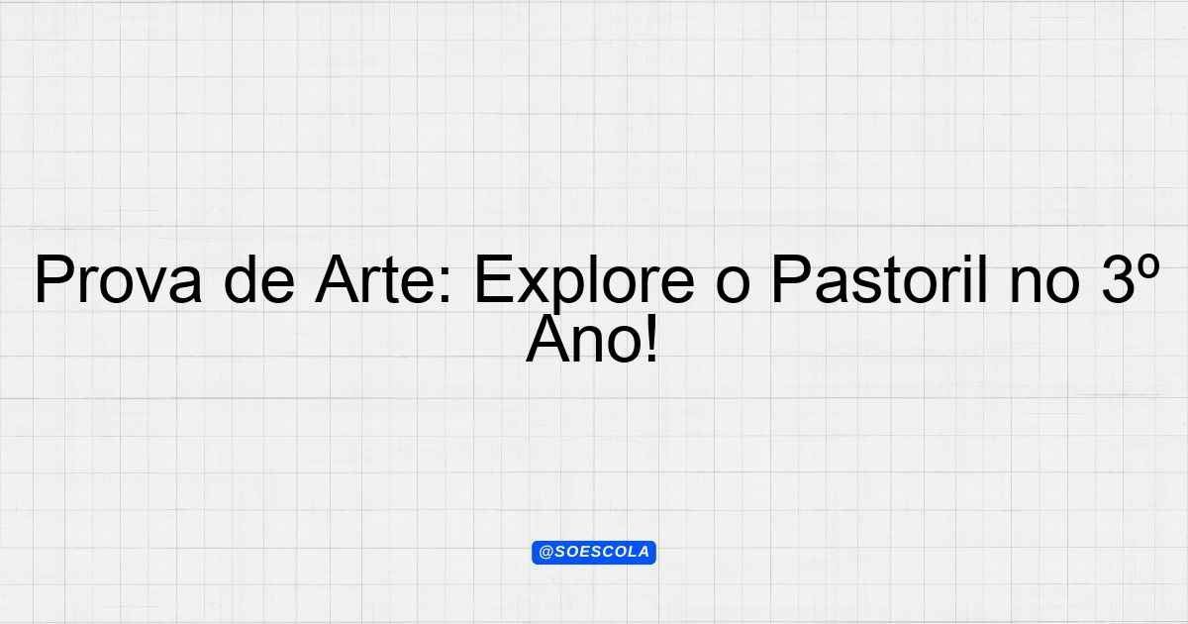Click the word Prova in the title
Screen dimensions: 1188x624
click(118, 279)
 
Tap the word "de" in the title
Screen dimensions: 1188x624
click(259, 279)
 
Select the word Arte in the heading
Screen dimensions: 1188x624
click(375, 279)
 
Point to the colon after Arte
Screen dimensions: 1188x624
click(445, 286)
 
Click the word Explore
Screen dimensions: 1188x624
click(584, 284)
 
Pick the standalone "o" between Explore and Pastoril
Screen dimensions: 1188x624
click(733, 286)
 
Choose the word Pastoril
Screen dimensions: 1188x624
click(879, 279)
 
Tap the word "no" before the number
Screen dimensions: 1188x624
click(1044, 286)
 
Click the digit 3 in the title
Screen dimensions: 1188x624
click(1118, 280)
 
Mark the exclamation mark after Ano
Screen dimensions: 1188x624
click(651, 339)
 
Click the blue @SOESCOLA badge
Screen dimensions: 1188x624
click(594, 553)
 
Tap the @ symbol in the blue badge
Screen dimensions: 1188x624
click(545, 553)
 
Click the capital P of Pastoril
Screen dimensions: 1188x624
click(791, 279)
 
